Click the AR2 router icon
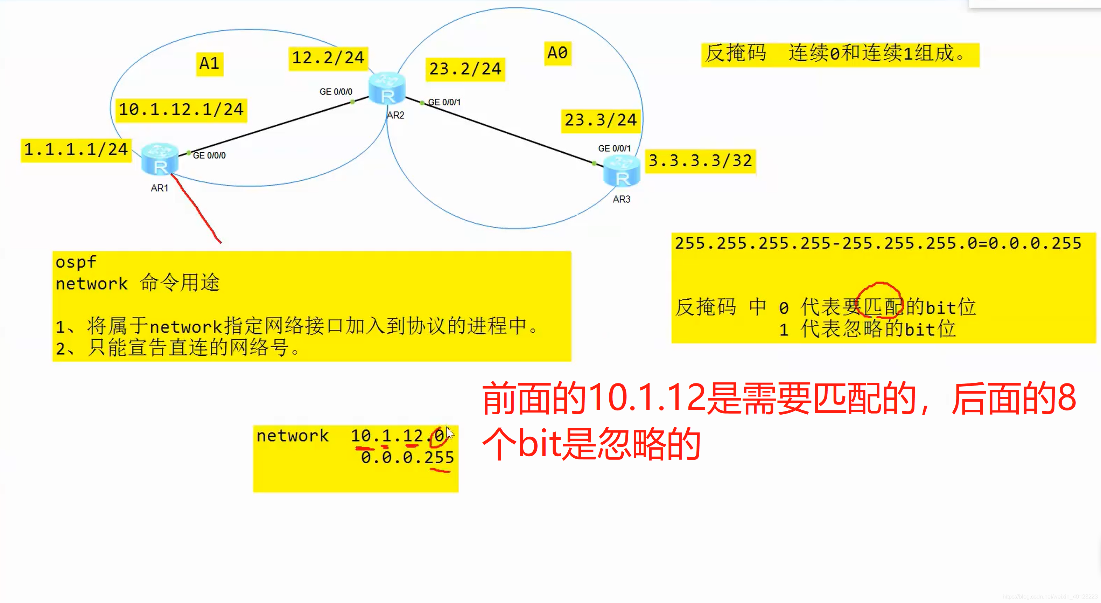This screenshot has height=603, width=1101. [x=387, y=89]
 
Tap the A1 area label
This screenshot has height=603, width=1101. [x=209, y=63]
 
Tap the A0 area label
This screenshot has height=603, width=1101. [x=557, y=53]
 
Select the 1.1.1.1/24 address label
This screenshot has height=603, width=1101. [x=76, y=150]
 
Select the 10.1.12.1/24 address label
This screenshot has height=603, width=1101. [x=181, y=110]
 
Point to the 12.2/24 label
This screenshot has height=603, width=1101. [x=328, y=58]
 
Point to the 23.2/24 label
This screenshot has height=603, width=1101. [x=465, y=69]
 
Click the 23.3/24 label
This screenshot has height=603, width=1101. [x=601, y=120]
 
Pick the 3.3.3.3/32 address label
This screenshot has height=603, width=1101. [x=700, y=161]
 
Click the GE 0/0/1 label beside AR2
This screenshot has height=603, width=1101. [x=444, y=102]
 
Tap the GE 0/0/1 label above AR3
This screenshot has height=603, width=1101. [x=614, y=148]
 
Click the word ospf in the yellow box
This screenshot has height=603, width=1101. [x=76, y=262]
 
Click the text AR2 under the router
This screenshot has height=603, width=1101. [x=395, y=116]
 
